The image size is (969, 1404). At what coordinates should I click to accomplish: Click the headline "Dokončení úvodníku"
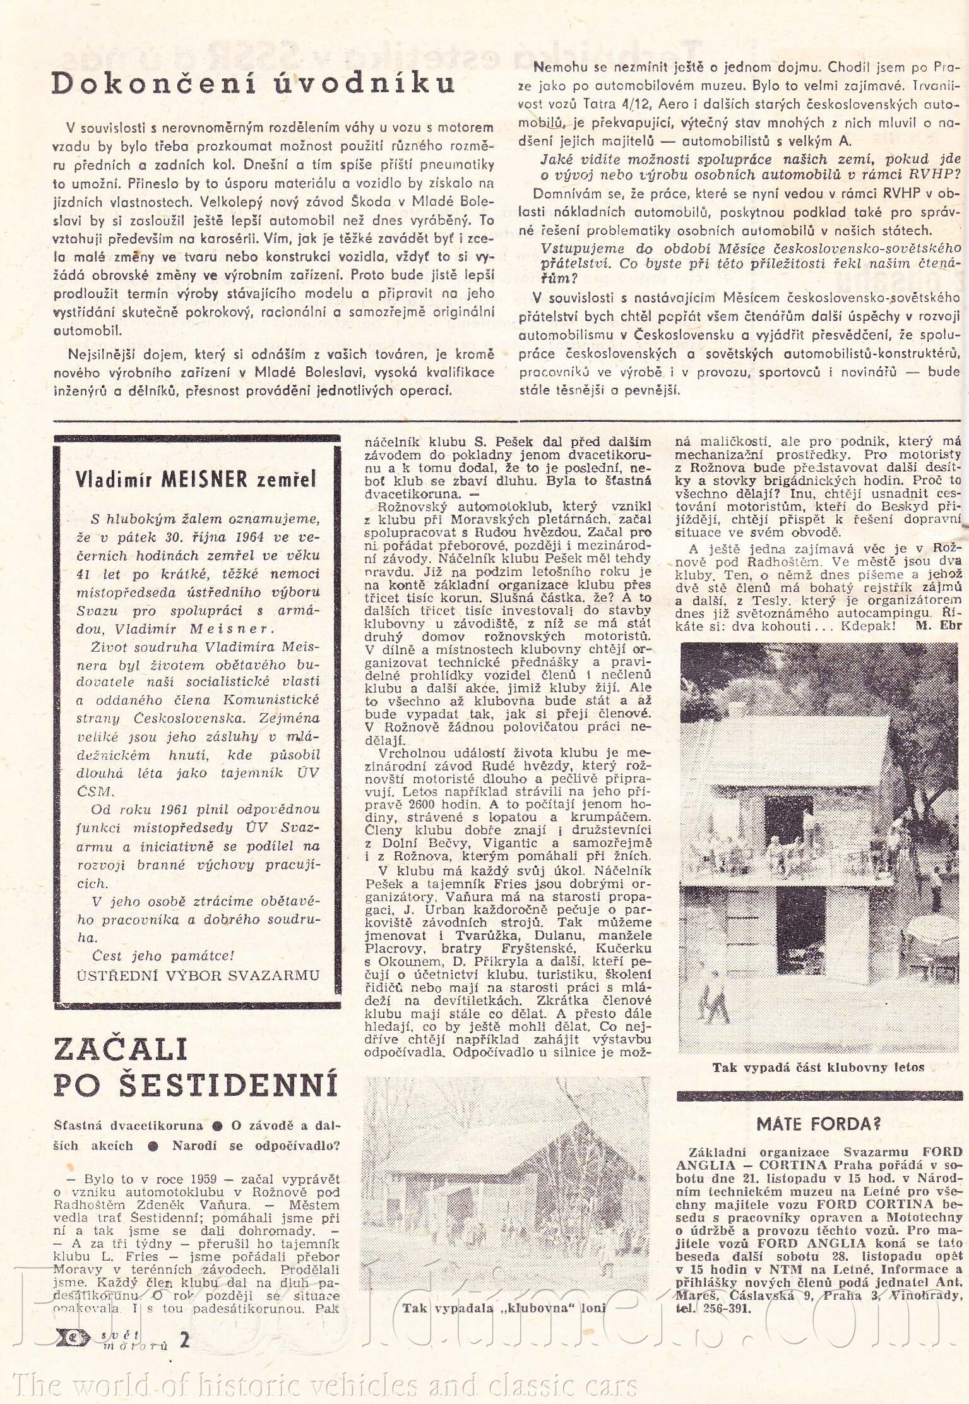click(x=253, y=83)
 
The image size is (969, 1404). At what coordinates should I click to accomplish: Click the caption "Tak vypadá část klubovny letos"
click(x=818, y=1067)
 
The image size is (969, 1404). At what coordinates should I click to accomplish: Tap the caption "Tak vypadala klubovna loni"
click(x=504, y=1308)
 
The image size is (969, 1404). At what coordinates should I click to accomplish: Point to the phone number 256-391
click(x=730, y=1308)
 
